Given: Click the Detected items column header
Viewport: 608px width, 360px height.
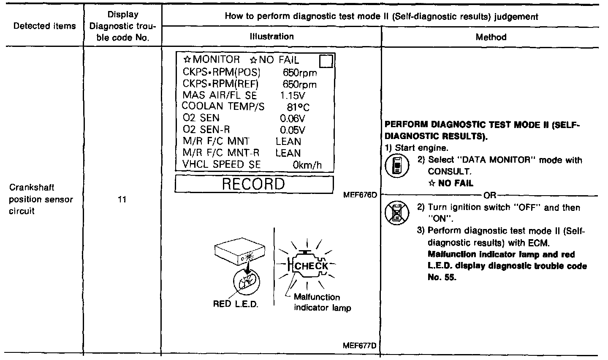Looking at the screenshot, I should pos(44,26).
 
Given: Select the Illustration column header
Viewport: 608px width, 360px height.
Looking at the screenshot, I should pos(271,37).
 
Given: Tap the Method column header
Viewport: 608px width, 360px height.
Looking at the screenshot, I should pos(491,37).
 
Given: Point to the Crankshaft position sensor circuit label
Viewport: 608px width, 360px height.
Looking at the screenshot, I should pos(41,199).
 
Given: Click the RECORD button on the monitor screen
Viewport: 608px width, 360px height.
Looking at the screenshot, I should pos(254,184).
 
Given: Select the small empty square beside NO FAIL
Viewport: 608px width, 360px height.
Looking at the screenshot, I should pos(326,61).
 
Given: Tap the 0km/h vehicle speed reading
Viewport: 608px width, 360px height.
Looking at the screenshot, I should pos(307,165).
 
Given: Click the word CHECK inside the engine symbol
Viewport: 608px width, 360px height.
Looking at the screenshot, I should pos(311,266).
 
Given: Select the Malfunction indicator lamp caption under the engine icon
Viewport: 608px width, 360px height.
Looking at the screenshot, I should pos(322,303).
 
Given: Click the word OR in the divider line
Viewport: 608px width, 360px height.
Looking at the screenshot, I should pos(490,196).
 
